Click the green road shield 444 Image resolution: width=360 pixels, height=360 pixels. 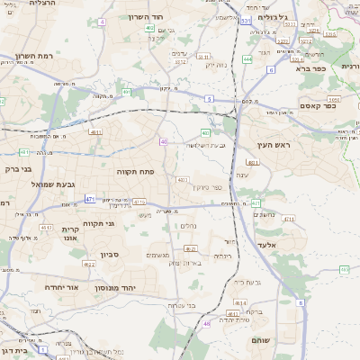pos(247,59)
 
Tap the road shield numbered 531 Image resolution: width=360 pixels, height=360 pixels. pos(246,20)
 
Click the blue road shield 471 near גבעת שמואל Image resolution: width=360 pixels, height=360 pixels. pos(90,199)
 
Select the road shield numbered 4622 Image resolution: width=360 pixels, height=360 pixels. pos(89,265)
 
